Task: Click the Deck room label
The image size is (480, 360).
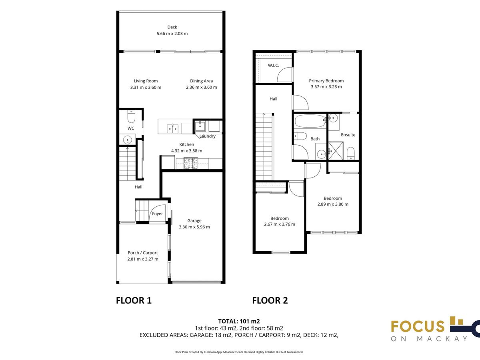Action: click(x=172, y=27)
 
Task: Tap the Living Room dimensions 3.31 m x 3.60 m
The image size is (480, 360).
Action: click(x=146, y=88)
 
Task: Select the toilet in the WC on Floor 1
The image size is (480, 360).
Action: click(x=131, y=116)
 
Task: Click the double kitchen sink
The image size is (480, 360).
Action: click(x=172, y=129)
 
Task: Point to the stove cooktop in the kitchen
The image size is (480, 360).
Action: click(x=191, y=163)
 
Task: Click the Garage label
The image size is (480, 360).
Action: click(x=194, y=221)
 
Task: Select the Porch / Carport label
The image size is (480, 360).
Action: click(x=142, y=253)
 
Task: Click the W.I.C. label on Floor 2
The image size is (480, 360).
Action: click(x=273, y=65)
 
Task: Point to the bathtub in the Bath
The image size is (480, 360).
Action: click(x=310, y=121)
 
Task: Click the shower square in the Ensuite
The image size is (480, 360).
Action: click(x=336, y=151)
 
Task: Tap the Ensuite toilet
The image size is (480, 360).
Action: click(x=350, y=153)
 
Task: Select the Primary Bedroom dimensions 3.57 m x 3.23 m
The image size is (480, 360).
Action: click(x=326, y=87)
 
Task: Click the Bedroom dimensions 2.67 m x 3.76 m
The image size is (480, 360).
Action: click(x=280, y=224)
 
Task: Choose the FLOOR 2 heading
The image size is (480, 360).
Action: click(x=270, y=300)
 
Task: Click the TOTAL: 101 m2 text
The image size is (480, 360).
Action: click(x=239, y=321)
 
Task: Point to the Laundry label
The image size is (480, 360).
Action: click(x=208, y=136)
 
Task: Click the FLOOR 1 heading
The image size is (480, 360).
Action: click(x=134, y=300)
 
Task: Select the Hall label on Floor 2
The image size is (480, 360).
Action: click(x=273, y=99)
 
